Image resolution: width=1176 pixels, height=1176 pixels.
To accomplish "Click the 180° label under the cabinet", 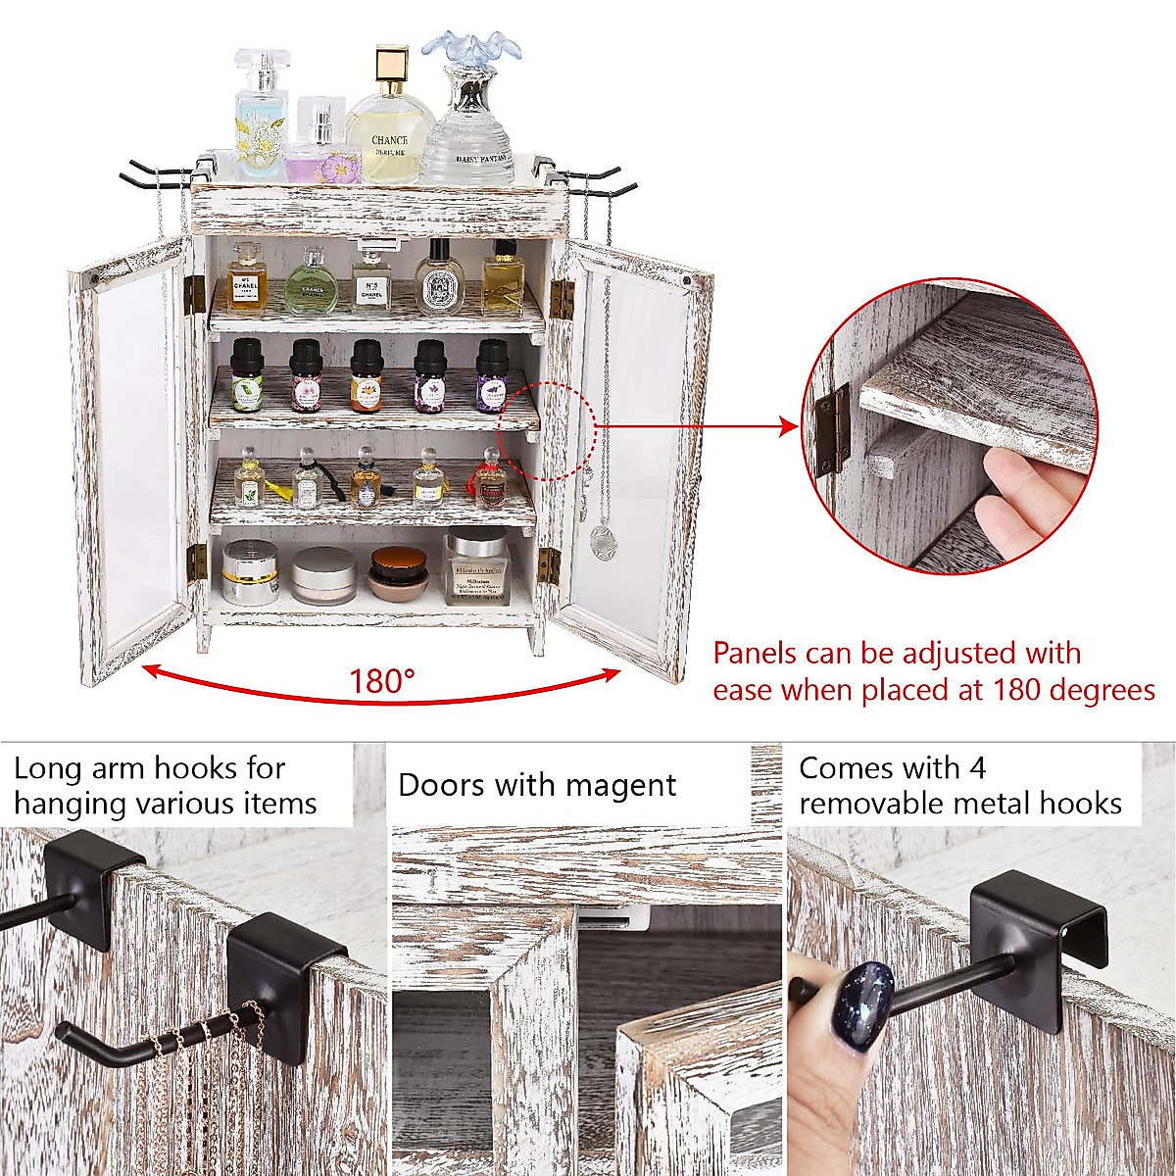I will (382, 679).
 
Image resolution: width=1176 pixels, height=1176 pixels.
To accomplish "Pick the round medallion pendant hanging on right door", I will (601, 537).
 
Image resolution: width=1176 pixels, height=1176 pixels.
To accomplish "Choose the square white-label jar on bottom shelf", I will (477, 568).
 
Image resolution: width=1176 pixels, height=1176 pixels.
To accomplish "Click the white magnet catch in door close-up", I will (612, 916).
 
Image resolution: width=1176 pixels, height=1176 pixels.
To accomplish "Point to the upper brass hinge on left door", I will (194, 295).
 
